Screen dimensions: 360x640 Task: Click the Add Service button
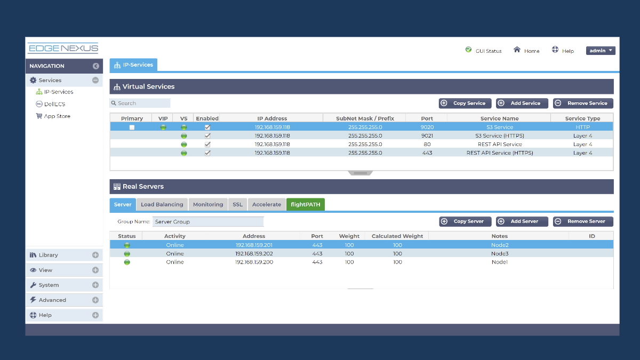coord(522,103)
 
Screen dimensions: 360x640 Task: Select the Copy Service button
coord(465,103)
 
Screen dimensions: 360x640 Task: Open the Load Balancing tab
coord(162,204)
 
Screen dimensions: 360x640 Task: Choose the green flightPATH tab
coord(306,204)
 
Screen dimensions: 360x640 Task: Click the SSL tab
coord(237,204)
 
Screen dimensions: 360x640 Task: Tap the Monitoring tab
coord(208,204)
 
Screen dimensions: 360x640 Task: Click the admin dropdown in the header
coord(601,51)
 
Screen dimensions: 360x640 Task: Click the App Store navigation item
coord(57,116)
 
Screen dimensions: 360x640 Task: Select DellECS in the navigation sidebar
coord(54,104)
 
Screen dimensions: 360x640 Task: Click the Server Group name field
coord(208,222)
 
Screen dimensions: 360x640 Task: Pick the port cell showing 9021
coord(427,136)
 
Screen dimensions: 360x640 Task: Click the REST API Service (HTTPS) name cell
coord(499,153)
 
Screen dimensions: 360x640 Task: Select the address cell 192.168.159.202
coord(254,254)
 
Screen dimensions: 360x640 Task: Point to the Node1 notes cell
coord(499,262)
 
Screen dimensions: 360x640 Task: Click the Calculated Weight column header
coord(397,236)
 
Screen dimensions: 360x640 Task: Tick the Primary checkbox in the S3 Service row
coord(132,127)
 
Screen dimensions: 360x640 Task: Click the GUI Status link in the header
coord(484,51)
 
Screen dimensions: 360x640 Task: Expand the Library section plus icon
coord(95,255)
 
